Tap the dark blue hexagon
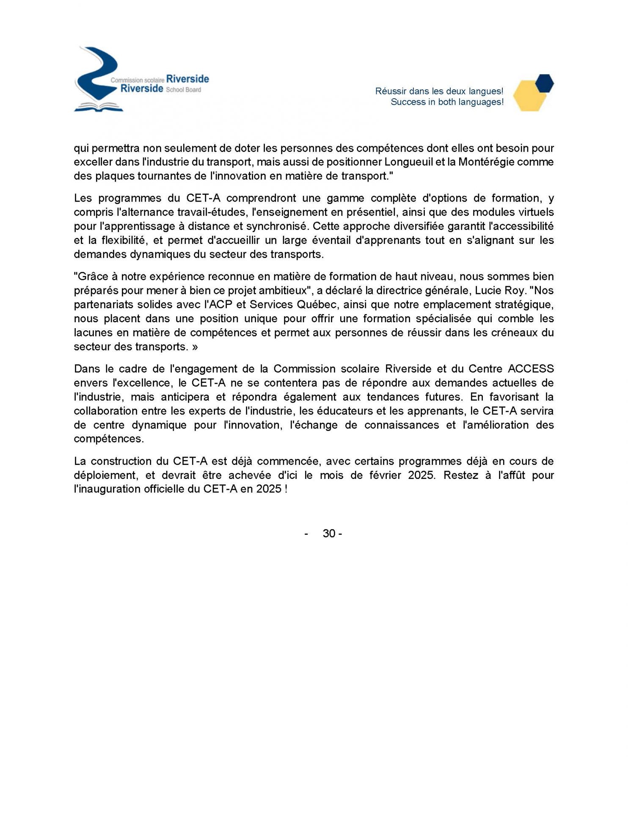544,83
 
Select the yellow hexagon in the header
529,96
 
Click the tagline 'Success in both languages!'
447,102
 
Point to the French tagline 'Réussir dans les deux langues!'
439,91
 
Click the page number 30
329,534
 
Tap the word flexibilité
123,240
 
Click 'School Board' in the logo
183,90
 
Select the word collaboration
105,411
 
